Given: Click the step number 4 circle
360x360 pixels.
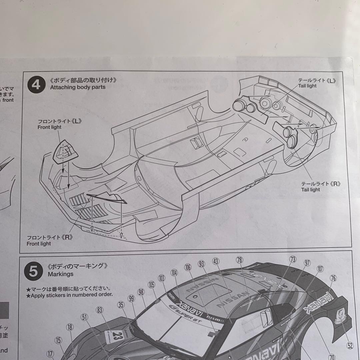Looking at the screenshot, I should click(x=36, y=85).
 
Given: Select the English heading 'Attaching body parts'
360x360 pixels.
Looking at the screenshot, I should click(x=77, y=87).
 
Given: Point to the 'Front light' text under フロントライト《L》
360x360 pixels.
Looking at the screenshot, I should click(x=49, y=127).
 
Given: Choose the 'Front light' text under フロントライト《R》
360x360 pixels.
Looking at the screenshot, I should click(x=39, y=244).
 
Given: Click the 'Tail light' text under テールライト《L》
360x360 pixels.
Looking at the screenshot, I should click(x=307, y=86).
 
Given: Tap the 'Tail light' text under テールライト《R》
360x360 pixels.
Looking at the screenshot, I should click(x=310, y=190).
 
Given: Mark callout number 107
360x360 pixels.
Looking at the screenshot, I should click(x=320, y=268).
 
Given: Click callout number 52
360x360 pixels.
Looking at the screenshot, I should click(x=350, y=346).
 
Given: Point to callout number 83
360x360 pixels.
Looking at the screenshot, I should click(x=99, y=310).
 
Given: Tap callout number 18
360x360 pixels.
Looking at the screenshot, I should click(x=69, y=327).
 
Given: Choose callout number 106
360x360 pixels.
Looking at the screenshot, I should click(x=188, y=267).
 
